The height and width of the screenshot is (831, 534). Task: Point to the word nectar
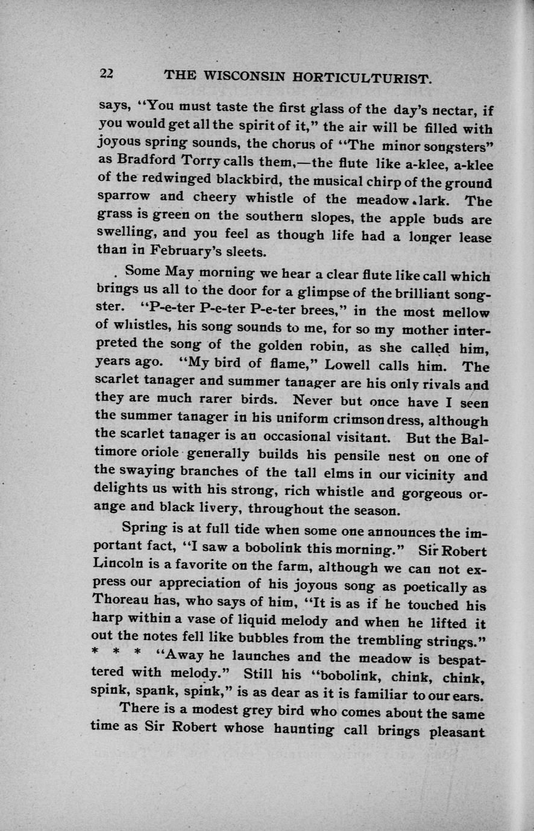452,110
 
